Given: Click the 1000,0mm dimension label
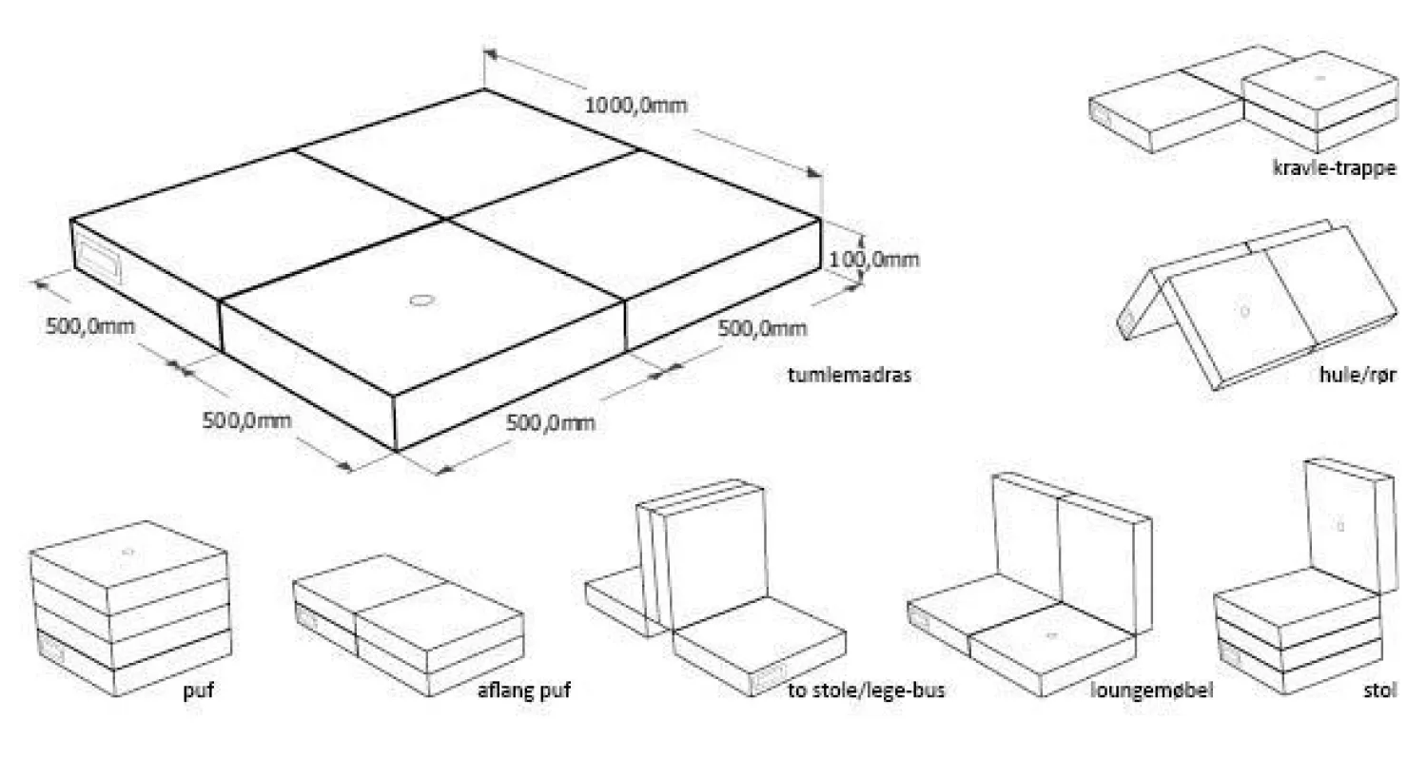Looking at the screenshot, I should [x=635, y=106].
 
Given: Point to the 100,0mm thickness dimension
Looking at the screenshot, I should [x=874, y=259].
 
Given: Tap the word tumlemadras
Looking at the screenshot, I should [x=850, y=375].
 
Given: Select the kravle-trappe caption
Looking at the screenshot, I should [x=1334, y=168].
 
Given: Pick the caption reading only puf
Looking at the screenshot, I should [x=198, y=690].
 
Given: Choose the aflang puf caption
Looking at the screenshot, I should [x=523, y=690].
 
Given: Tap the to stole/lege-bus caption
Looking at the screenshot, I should [x=866, y=690].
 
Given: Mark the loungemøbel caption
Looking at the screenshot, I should [x=1152, y=690].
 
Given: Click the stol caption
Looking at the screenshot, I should [x=1379, y=690].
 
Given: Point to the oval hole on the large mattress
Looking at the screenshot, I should [x=420, y=301].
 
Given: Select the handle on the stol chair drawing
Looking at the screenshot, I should [x=1231, y=655].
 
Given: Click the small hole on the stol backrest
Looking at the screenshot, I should [x=1340, y=526].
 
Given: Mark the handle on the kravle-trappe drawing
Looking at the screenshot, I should [x=1104, y=114].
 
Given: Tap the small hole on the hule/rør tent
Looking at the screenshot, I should [x=1244, y=311].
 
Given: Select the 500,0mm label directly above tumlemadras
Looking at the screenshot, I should [x=762, y=328].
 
